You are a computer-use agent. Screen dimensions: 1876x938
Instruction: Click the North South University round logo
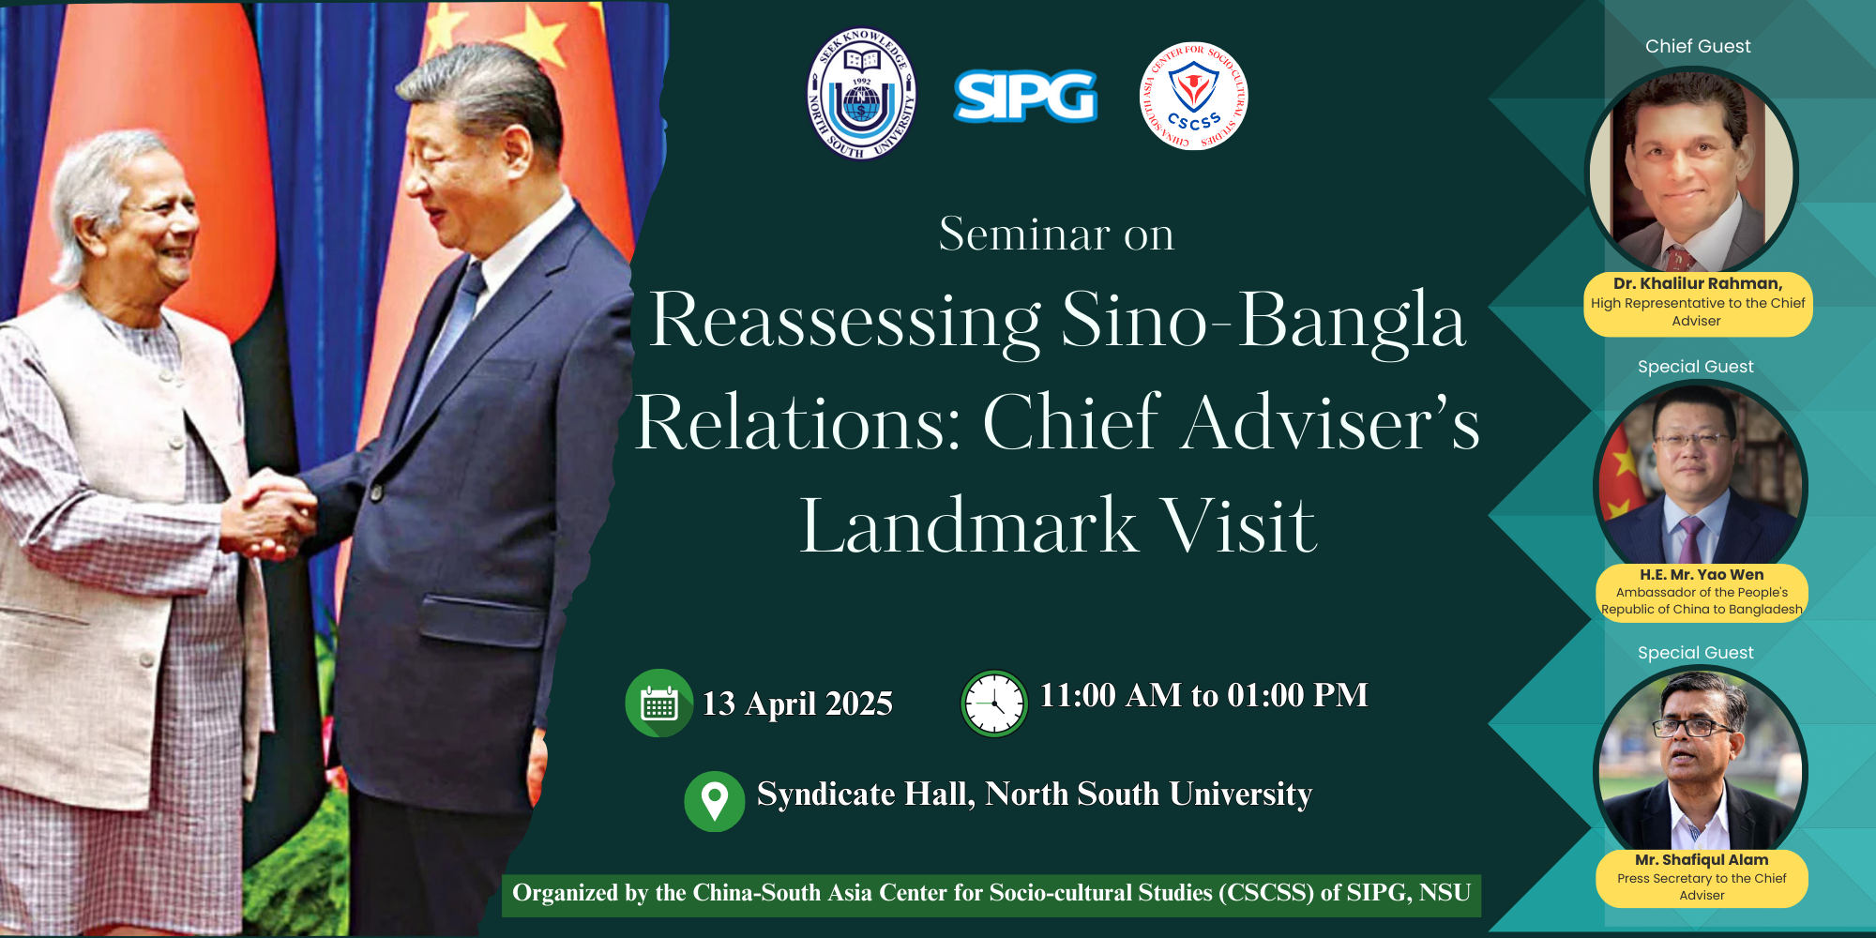click(861, 94)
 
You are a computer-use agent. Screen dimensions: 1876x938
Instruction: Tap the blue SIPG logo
click(1025, 96)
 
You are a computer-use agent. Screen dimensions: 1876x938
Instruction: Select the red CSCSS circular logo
click(1193, 96)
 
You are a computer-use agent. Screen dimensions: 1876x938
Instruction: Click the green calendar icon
click(659, 703)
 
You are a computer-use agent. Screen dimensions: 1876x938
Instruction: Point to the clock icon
click(994, 703)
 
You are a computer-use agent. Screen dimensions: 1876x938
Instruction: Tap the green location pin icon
click(715, 801)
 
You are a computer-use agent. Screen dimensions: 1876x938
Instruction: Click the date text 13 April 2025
click(797, 703)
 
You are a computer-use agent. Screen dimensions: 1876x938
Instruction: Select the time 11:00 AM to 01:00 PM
click(1204, 695)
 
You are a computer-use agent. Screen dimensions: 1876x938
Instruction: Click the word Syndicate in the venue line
click(826, 794)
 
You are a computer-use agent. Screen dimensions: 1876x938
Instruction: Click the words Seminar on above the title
click(1056, 234)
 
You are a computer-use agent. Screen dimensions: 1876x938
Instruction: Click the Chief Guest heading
click(1698, 46)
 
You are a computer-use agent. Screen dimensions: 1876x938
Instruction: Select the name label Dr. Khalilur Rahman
click(1698, 283)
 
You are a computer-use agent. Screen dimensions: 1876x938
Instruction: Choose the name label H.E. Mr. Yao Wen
click(1702, 574)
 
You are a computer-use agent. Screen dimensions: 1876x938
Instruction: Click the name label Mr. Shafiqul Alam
click(1702, 859)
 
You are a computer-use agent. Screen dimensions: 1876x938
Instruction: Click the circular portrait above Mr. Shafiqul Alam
click(1701, 763)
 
